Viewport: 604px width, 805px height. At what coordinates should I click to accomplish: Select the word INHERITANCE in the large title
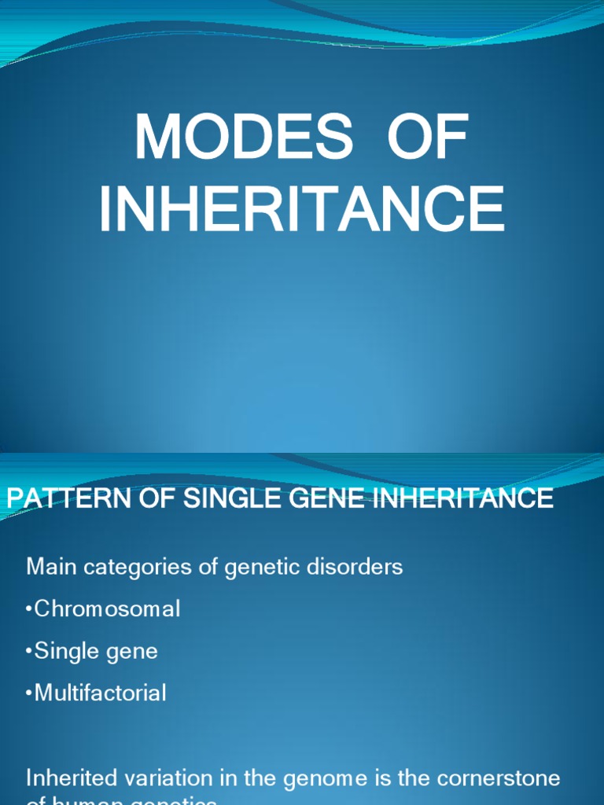coord(302,209)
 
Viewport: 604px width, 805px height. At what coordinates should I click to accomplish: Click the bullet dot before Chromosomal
coord(30,609)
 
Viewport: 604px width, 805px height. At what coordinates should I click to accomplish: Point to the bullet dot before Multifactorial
coord(30,693)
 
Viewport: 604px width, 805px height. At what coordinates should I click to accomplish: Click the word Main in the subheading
coord(51,566)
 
